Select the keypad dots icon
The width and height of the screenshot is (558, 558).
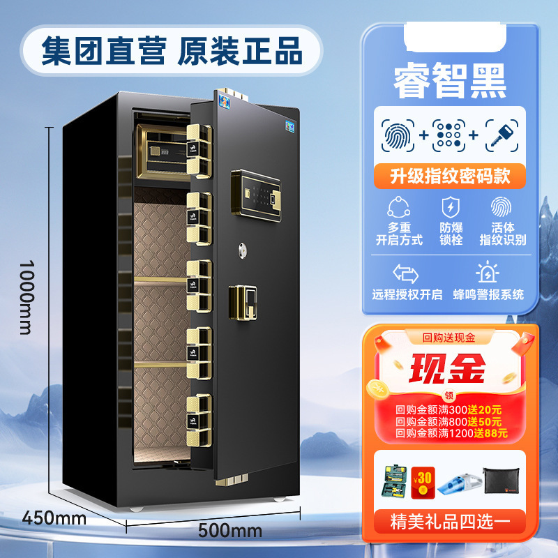(448, 135)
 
